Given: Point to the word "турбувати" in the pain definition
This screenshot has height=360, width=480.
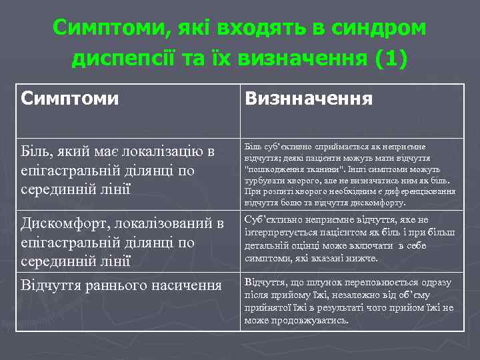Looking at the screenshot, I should tap(262, 180).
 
